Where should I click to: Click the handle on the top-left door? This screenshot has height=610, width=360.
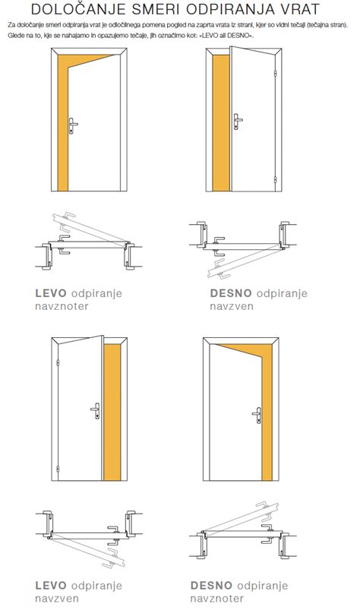click(72, 125)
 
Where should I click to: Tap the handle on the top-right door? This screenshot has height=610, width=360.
click(237, 122)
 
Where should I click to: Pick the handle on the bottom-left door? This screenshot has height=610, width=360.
click(96, 411)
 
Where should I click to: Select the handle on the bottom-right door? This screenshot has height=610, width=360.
click(257, 415)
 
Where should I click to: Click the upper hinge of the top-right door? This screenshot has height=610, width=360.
click(275, 74)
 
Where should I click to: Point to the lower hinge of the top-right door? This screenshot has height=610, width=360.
click(275, 180)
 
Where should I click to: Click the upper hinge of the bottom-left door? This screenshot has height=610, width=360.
click(58, 363)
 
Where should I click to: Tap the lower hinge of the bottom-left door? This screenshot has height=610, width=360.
click(58, 469)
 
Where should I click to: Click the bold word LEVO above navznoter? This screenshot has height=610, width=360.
click(51, 293)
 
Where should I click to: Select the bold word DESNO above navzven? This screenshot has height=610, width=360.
click(231, 293)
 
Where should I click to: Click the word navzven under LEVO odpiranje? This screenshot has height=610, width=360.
click(57, 598)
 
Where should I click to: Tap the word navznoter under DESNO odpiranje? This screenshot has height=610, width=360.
click(217, 598)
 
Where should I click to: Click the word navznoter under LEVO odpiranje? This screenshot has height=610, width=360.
click(62, 306)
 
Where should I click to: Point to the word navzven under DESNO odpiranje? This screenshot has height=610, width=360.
click(232, 306)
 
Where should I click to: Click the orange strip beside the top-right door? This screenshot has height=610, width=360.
click(221, 123)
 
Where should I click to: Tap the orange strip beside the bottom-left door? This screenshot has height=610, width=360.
click(112, 412)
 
